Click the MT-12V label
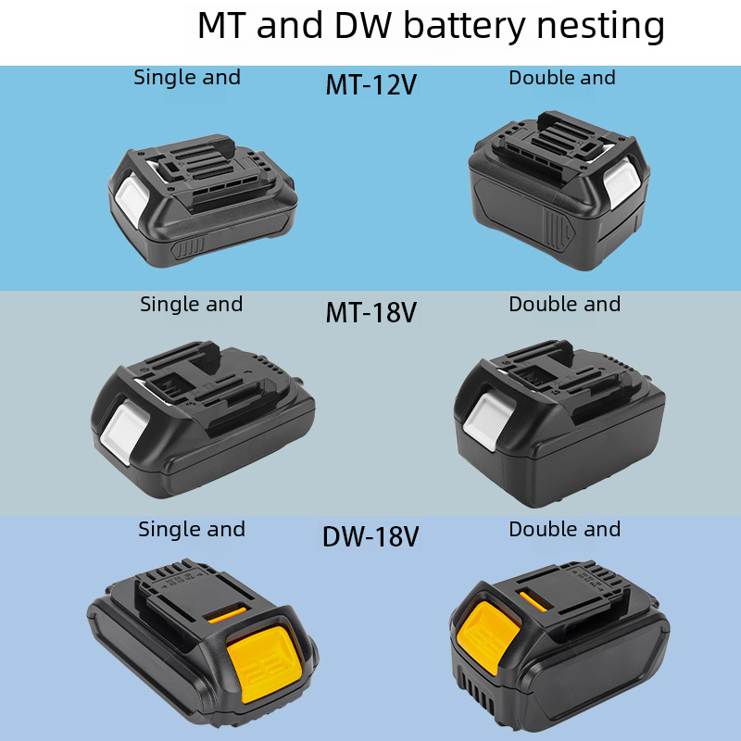(x=370, y=85)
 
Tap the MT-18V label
(x=370, y=312)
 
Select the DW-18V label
(x=370, y=536)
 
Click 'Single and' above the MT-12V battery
(x=187, y=78)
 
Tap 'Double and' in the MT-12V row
(x=562, y=78)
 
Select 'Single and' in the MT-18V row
(x=192, y=304)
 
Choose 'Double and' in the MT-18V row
(x=565, y=304)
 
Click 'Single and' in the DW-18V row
(x=192, y=530)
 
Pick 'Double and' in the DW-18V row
(x=565, y=530)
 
